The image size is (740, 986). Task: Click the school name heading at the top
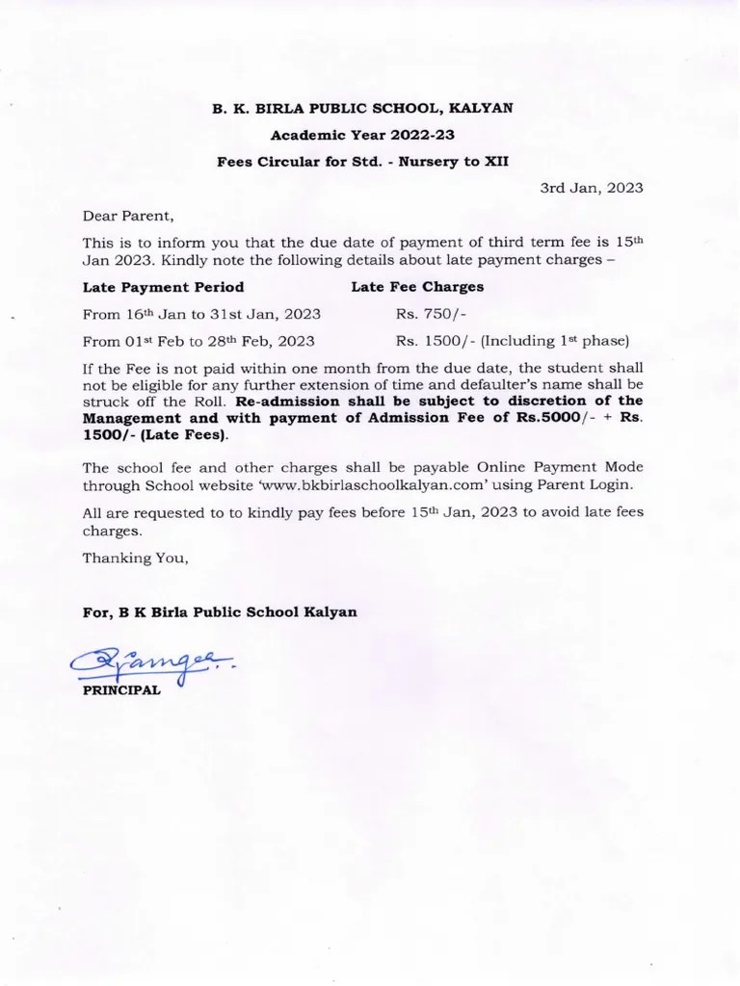(x=362, y=110)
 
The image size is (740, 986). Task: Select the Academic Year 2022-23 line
(x=362, y=136)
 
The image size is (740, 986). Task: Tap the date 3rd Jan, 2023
(x=591, y=188)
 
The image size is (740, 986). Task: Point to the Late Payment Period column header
(x=163, y=287)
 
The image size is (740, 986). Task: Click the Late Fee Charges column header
(x=417, y=287)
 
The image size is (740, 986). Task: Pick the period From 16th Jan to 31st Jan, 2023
(x=201, y=314)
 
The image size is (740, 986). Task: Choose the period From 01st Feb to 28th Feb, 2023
(x=198, y=341)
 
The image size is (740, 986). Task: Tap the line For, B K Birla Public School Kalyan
(x=220, y=612)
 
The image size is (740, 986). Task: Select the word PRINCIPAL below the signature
(x=121, y=690)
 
